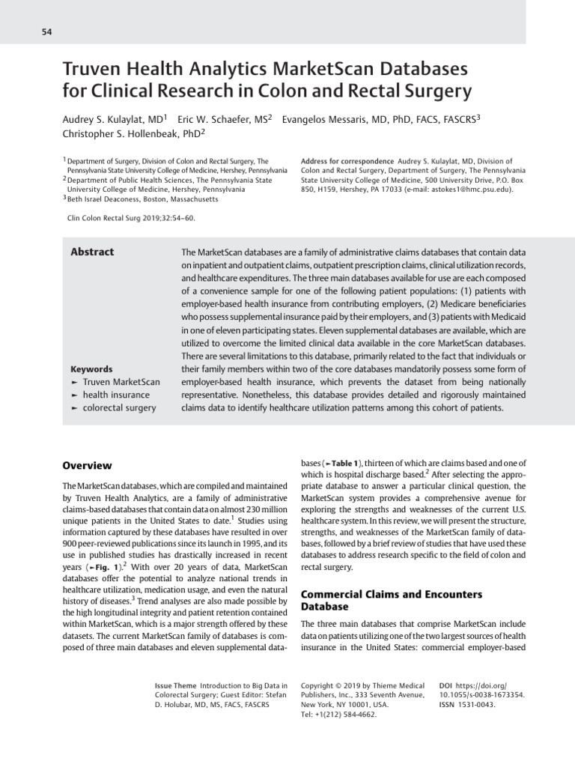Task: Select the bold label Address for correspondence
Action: (347, 161)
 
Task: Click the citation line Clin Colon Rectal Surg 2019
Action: (130, 218)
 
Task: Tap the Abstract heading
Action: (92, 252)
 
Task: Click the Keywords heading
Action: (91, 369)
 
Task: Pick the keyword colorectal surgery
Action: (119, 407)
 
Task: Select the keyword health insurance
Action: (116, 395)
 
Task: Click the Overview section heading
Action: (87, 465)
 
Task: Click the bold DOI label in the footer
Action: (446, 685)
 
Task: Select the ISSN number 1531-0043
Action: (475, 705)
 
